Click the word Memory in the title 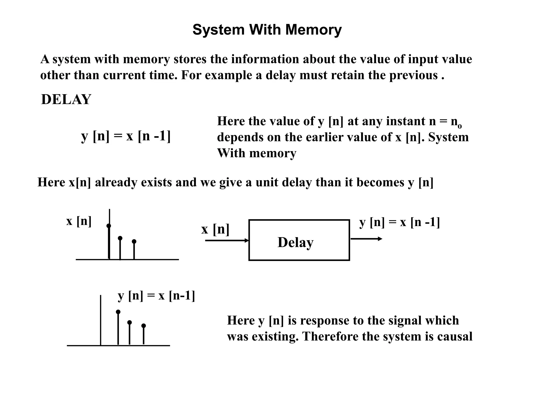click(x=313, y=30)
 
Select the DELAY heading click(x=66, y=99)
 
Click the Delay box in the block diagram click(x=299, y=240)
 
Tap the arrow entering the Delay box click(x=227, y=240)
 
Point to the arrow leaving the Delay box click(x=366, y=239)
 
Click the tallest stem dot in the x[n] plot click(x=109, y=226)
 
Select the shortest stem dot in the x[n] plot click(x=134, y=241)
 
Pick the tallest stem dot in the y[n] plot click(x=118, y=312)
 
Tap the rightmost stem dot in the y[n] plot click(x=143, y=326)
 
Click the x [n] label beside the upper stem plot click(x=79, y=221)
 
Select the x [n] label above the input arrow click(x=215, y=229)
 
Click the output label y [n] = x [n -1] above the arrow click(x=399, y=222)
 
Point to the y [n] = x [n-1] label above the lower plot click(x=156, y=296)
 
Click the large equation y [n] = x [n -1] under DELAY click(x=126, y=136)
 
